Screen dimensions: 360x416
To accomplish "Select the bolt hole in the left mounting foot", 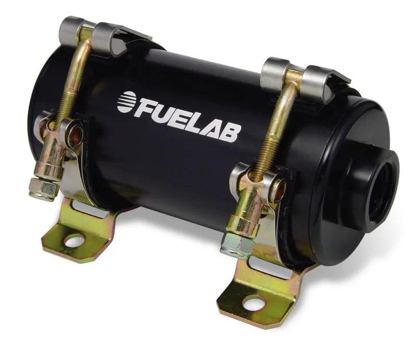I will [x=74, y=240].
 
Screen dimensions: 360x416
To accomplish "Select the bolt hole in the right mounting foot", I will [x=255, y=303].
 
